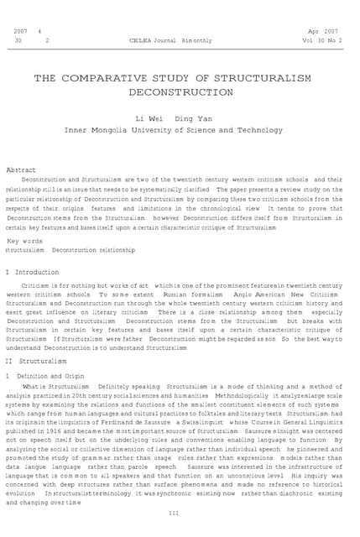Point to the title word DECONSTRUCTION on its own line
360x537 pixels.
180,92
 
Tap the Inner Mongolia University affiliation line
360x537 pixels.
180,130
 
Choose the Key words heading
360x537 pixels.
23,241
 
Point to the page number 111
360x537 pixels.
174,512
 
